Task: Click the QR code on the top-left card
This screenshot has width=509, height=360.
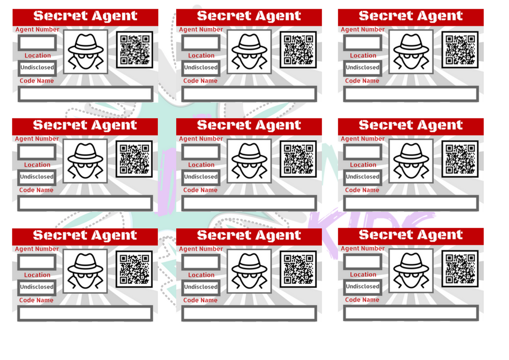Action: click(135, 49)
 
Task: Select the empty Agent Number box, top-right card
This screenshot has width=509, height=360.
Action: click(362, 43)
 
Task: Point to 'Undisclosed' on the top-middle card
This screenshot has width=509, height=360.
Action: click(201, 68)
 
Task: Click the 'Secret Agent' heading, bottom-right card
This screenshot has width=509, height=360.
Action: click(411, 235)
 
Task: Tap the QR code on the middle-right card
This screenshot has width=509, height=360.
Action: click(460, 159)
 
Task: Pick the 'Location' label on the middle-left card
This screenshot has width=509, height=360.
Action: click(37, 165)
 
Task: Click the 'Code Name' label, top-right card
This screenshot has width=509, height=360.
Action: click(362, 81)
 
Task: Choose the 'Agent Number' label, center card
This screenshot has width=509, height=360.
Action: click(201, 139)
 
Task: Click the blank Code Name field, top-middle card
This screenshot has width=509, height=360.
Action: click(249, 94)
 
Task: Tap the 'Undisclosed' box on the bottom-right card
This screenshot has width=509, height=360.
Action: click(362, 287)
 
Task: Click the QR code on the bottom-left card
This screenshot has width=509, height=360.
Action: click(135, 269)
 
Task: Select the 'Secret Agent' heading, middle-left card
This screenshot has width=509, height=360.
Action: click(85, 125)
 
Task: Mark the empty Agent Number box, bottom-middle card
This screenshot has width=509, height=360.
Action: click(201, 262)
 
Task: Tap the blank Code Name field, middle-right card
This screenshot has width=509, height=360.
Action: click(411, 204)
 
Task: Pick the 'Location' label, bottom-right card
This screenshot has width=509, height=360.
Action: click(363, 275)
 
